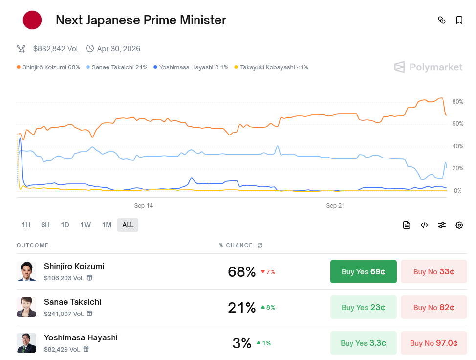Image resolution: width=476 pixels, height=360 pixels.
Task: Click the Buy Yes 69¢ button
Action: pos(363,271)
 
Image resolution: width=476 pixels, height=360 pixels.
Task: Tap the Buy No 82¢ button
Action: pos(433,307)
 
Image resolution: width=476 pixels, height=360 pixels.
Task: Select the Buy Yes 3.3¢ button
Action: pos(363,343)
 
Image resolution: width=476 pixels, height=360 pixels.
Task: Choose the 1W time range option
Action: pos(86,225)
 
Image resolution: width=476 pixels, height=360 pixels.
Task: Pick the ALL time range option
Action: pos(128,225)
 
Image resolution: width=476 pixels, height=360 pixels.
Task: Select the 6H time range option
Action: pos(45,225)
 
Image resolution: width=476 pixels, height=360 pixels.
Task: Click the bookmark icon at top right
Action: pos(459,20)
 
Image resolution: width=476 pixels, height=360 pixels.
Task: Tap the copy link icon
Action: pos(442,20)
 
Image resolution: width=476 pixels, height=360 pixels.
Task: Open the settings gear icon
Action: pos(459,225)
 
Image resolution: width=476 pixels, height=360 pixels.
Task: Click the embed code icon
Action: pos(424,225)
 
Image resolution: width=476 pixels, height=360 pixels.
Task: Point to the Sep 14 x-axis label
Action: pos(144,206)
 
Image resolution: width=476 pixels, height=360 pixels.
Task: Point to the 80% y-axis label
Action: pos(457,102)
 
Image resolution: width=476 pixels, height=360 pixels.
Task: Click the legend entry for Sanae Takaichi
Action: pos(117,67)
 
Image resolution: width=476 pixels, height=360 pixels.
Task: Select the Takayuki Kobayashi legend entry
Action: pos(271,67)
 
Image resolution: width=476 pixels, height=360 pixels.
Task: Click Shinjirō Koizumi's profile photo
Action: pos(26,271)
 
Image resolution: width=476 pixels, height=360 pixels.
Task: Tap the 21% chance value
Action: pos(241,308)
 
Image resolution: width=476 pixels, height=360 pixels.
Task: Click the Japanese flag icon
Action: pos(32,20)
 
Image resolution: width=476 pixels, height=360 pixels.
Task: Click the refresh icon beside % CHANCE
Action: pos(260,245)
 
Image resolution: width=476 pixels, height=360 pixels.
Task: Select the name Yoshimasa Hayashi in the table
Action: pos(81,337)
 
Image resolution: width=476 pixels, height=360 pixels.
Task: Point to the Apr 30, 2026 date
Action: pos(118,48)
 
